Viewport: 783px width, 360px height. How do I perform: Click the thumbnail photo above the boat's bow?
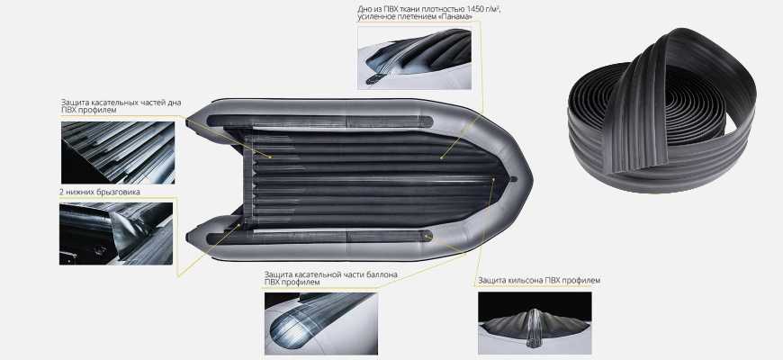(415, 58)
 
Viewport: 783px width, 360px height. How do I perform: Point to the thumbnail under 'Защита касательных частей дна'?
(118, 153)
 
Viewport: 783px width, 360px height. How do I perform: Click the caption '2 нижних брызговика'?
(99, 192)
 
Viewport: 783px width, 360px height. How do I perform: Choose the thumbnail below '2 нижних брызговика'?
(116, 234)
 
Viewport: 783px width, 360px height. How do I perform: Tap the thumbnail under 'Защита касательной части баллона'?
(321, 324)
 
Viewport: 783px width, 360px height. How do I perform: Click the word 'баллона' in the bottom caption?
(382, 274)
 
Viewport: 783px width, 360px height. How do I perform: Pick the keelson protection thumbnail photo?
(535, 323)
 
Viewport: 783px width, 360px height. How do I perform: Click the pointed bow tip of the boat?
(531, 180)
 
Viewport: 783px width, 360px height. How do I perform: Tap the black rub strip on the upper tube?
(319, 121)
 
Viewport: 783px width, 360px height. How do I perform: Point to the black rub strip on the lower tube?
(319, 237)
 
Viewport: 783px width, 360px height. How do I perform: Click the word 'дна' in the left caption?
(175, 103)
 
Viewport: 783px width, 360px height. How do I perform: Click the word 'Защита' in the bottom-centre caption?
(278, 274)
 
